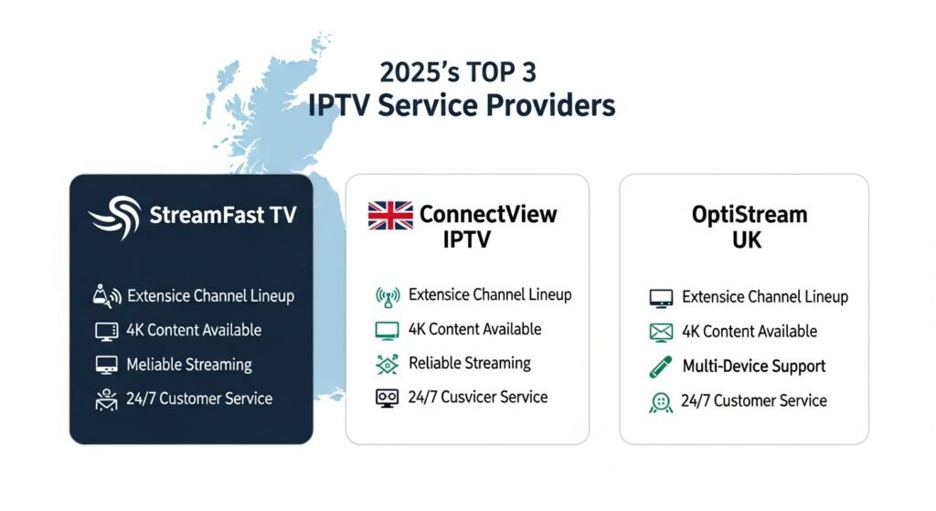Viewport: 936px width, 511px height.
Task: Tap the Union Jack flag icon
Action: coord(390,216)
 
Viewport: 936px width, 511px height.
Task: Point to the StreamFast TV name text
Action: coord(222,218)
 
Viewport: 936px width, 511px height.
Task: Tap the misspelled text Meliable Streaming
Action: coord(189,365)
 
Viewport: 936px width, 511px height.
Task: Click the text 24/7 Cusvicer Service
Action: coord(478,397)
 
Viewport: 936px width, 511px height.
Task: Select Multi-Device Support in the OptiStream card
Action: coord(753,367)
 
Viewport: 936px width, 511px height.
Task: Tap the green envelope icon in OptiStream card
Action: coord(661,332)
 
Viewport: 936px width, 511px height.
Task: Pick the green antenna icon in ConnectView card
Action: coord(388,295)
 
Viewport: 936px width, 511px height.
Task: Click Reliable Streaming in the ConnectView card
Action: coord(469,363)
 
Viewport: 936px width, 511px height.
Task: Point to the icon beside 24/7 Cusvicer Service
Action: coord(388,398)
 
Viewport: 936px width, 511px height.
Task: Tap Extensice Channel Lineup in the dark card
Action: coord(210,296)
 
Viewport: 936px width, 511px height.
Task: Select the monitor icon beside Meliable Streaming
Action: coord(107,365)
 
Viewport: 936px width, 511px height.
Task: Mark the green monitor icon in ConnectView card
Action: coord(388,330)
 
